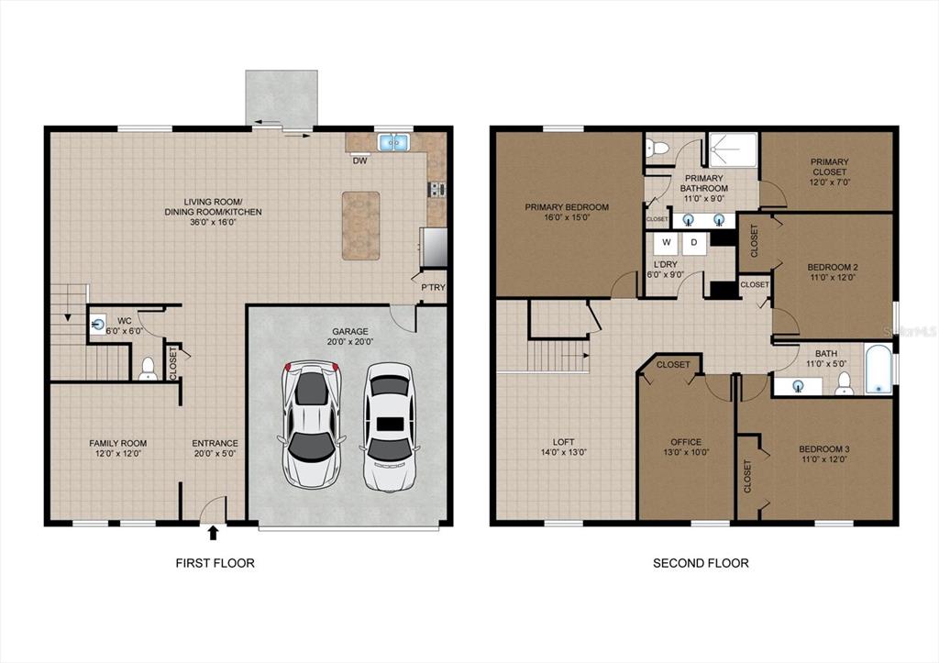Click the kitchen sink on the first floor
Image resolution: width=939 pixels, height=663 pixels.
coord(393,142)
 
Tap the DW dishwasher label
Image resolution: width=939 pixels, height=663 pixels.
coord(359,160)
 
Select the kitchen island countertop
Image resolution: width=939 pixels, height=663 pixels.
coord(360,226)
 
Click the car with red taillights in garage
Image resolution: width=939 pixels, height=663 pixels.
coord(312,424)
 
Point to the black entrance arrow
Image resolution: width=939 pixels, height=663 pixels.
coord(213,533)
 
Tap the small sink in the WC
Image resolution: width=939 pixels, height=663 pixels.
coord(97,325)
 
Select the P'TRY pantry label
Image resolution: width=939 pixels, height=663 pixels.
coord(433,287)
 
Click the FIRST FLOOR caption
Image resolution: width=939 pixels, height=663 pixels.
coord(215,563)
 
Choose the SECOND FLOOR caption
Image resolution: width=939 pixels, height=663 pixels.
coord(701,563)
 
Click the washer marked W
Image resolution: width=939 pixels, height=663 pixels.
coord(666,244)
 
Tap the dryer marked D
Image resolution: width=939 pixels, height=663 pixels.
coord(694,244)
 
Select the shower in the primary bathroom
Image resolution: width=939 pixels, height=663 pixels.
coord(733,149)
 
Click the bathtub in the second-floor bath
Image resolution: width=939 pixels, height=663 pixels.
coord(878,369)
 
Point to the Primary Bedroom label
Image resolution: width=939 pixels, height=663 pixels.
coord(567,207)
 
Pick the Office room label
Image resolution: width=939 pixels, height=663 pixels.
coord(686,442)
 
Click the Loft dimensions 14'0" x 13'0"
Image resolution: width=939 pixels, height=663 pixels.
coord(564,453)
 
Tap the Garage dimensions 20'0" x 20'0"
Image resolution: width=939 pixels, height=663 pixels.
coord(350,342)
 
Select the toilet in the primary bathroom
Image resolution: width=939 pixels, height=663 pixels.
coord(657,148)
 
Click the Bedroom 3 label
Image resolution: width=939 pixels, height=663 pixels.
coord(824,449)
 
